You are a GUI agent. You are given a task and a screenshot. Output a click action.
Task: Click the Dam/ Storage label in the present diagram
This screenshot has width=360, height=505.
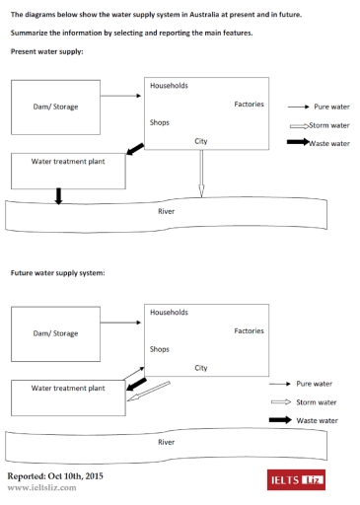tap(55, 107)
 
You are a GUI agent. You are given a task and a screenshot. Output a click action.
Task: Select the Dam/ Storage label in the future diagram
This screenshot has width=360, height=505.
tap(55, 333)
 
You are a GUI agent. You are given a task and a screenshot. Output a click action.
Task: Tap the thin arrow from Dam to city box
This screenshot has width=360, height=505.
tap(122, 97)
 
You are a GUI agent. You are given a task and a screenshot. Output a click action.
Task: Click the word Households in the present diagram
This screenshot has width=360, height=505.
tap(169, 86)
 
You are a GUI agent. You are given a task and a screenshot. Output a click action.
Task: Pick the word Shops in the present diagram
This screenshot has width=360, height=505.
tap(160, 122)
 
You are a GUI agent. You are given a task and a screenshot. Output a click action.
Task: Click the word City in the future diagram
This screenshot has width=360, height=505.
tap(201, 368)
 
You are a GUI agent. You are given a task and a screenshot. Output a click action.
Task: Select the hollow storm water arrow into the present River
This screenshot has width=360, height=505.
tap(201, 179)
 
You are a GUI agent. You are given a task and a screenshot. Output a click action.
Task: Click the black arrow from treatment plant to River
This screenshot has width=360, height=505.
tap(58, 196)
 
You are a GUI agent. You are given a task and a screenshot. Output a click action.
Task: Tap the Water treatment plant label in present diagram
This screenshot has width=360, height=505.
tap(67, 161)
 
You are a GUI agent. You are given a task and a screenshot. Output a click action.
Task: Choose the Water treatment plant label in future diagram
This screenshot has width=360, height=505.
tap(67, 389)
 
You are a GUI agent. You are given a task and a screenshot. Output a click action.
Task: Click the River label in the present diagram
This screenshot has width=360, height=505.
tap(166, 211)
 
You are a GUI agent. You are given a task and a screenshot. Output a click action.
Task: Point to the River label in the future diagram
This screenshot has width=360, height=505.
tap(166, 443)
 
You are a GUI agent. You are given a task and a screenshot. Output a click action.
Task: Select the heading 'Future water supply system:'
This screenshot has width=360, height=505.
tap(57, 272)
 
